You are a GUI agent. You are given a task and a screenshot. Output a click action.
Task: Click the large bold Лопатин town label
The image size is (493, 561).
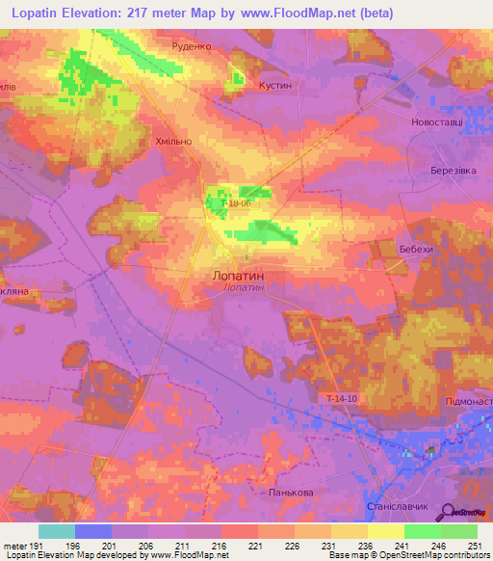(237, 275)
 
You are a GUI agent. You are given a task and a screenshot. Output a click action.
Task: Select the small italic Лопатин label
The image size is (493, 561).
(237, 287)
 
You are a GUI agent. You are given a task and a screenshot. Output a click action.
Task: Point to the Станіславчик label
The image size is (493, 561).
(391, 505)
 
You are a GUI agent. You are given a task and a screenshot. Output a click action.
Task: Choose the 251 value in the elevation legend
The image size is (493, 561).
(475, 545)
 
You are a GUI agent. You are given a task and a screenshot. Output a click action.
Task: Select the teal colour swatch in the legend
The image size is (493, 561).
(57, 531)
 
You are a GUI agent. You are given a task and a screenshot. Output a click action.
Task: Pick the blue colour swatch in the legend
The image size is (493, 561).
(93, 531)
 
